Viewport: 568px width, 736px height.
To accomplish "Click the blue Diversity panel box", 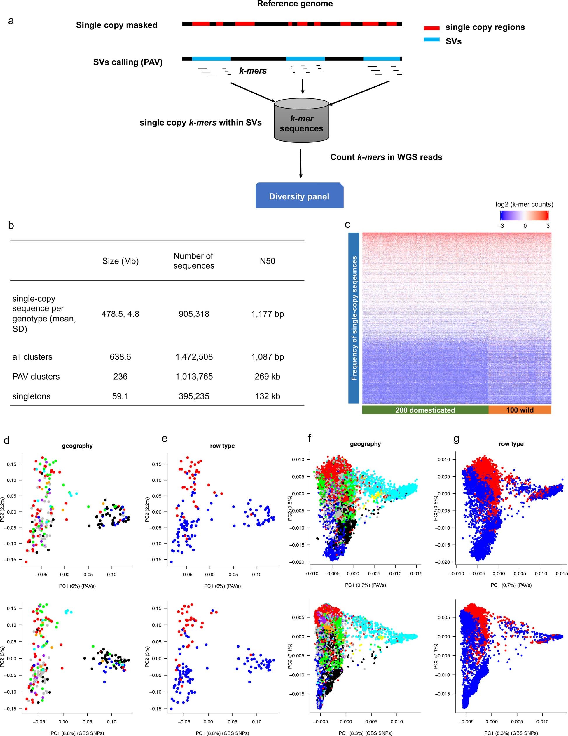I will click(299, 196).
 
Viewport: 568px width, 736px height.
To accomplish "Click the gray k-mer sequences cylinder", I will click(301, 123).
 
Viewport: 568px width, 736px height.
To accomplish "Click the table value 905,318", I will click(194, 314).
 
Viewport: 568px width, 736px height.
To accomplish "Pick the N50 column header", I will click(267, 261).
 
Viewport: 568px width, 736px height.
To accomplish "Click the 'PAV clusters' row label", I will click(36, 376).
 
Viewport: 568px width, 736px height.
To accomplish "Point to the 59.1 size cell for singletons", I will click(120, 396).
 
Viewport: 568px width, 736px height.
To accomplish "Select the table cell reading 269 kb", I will click(267, 376).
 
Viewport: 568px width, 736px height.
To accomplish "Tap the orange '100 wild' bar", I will click(520, 410).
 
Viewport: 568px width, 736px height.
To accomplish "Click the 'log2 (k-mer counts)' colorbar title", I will click(524, 204).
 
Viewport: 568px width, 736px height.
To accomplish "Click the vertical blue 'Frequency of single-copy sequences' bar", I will click(354, 318).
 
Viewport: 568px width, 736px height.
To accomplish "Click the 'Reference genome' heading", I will click(295, 4).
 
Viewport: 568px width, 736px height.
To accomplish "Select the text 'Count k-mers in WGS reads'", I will click(386, 157).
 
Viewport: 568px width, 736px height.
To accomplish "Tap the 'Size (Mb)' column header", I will click(120, 261).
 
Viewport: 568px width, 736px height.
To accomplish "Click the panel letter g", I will click(456, 439).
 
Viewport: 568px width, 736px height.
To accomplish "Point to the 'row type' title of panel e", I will click(222, 446).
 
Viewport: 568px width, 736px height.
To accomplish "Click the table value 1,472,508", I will click(194, 356).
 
